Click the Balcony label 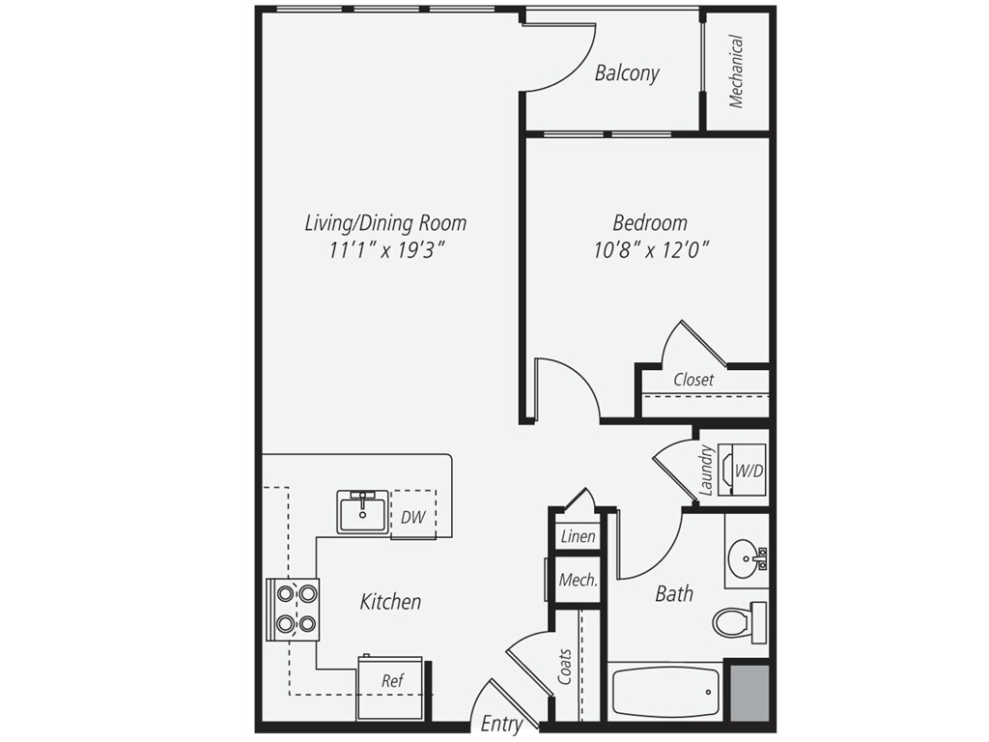pos(627,73)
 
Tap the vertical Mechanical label pos(736,71)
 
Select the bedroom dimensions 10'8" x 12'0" pos(651,251)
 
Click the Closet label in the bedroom pos(693,380)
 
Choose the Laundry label pos(706,470)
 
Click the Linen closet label pos(578,536)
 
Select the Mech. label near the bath pos(578,581)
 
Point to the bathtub pos(664,692)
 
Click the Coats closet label pos(564,667)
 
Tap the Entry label pos(501,724)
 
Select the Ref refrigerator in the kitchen pos(391,681)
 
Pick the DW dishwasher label pos(412,517)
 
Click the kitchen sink pos(362,511)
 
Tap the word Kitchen pos(390,602)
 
